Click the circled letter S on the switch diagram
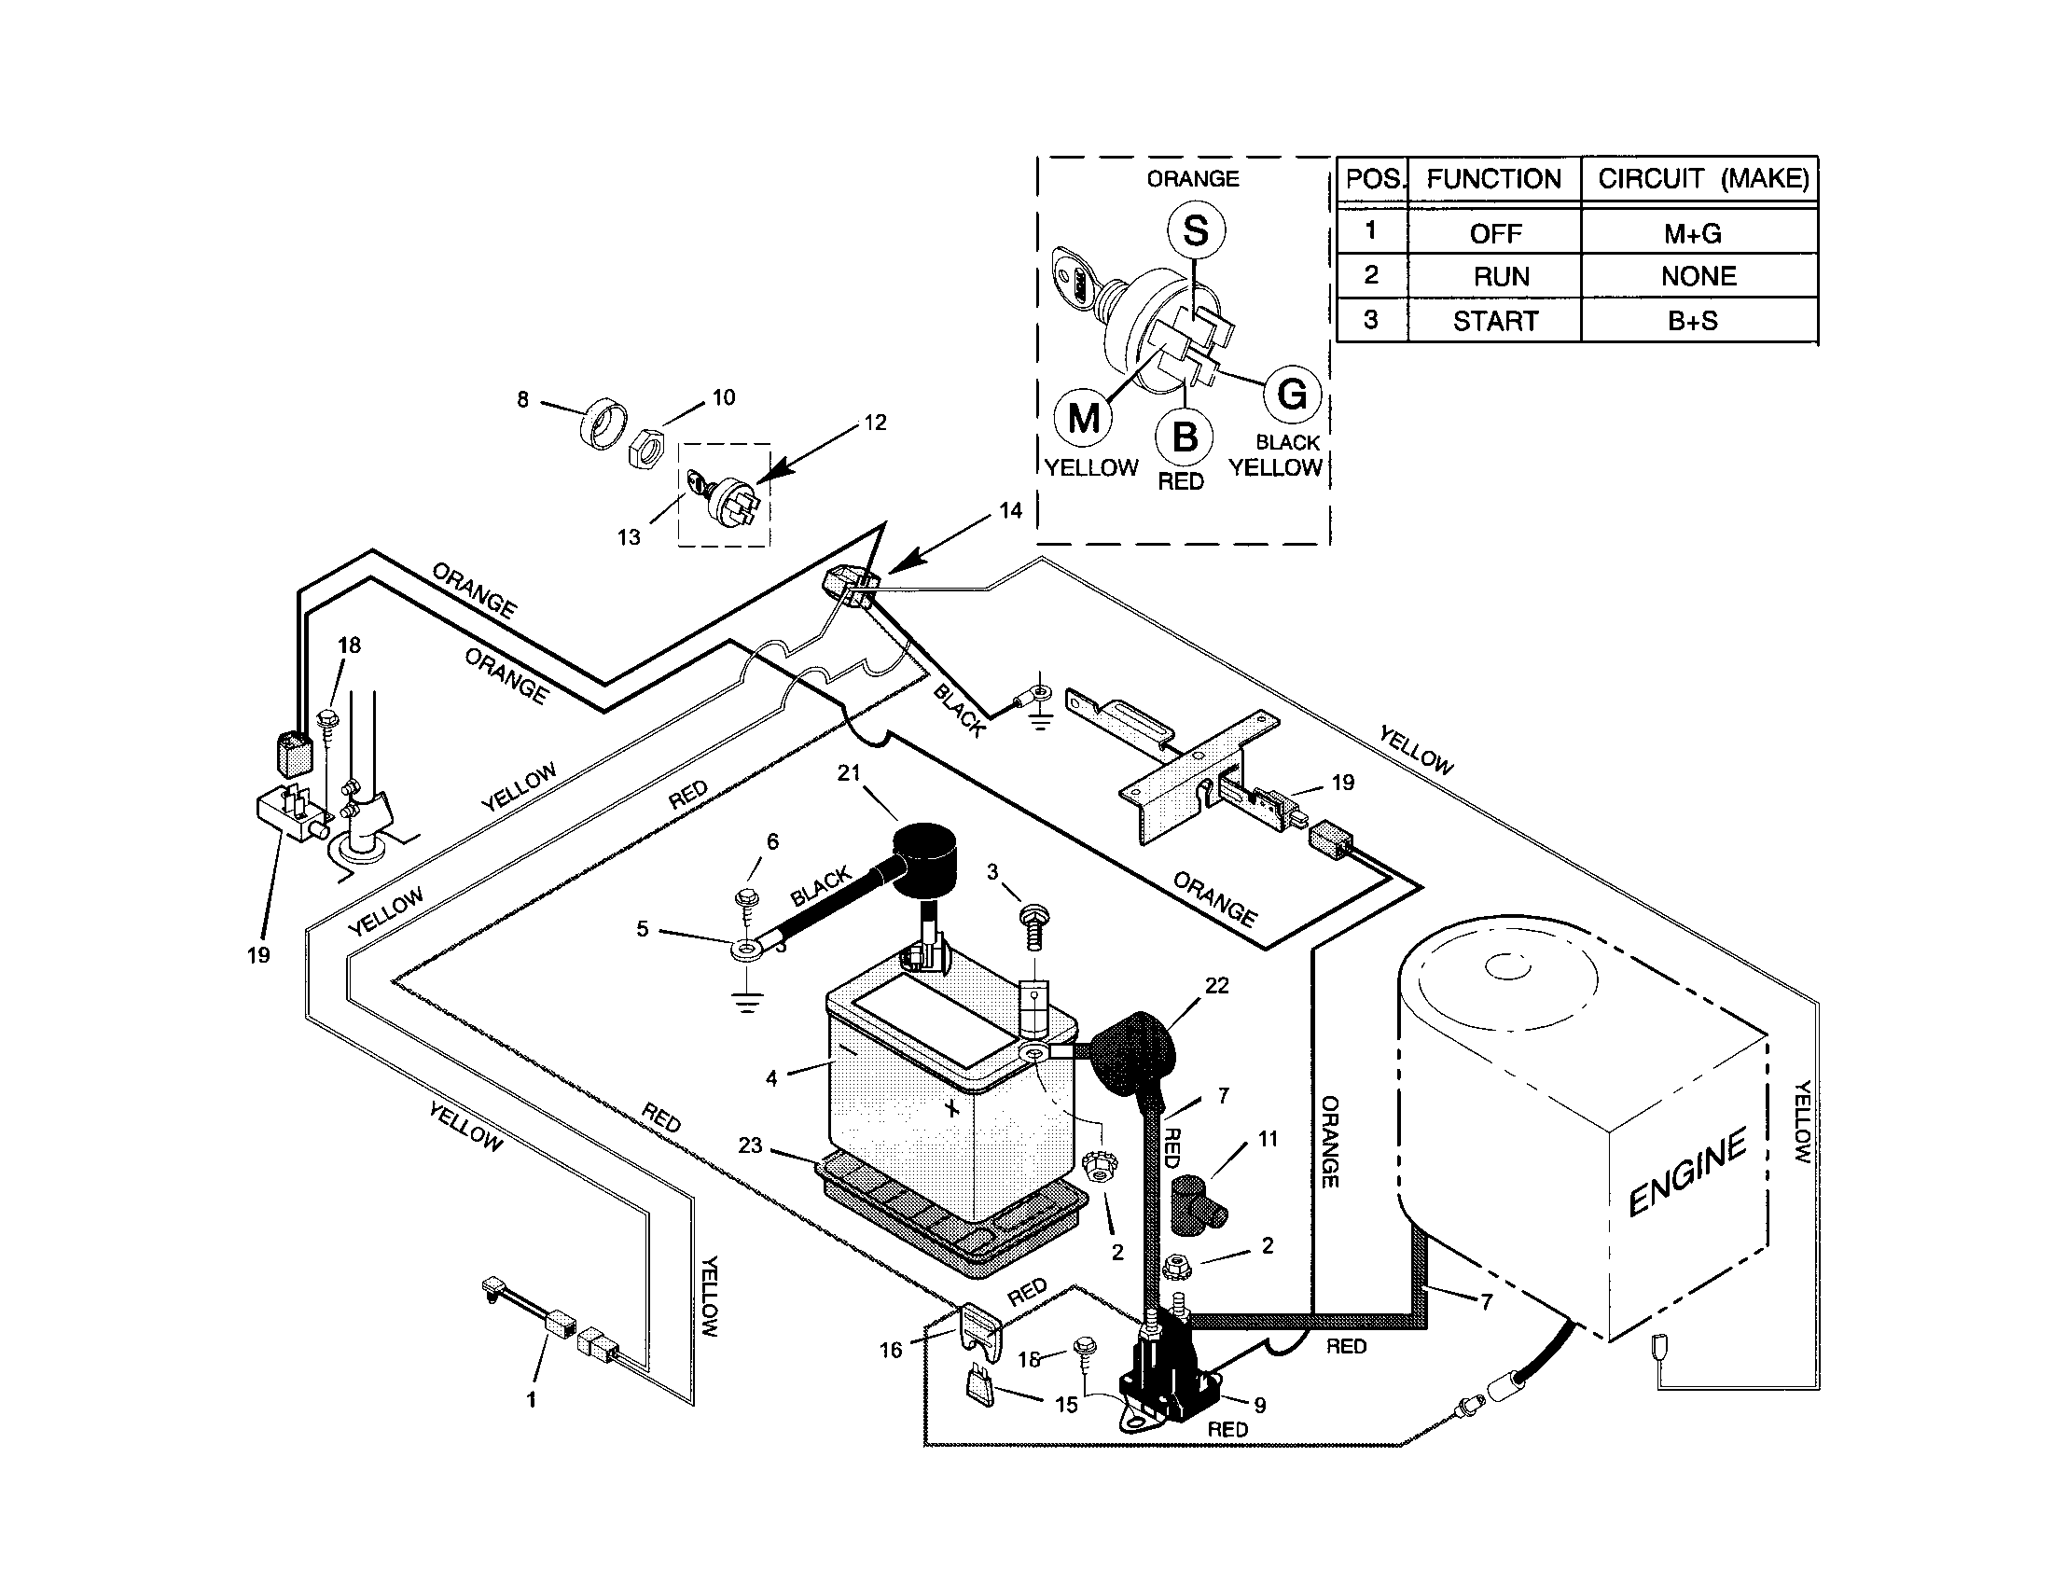pos(1195,231)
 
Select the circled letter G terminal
pos(1293,394)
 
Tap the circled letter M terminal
pos(1084,417)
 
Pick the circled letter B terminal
pos(1185,437)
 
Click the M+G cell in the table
pos(1692,233)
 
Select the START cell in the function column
pos(1495,321)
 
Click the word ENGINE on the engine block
pos(1687,1173)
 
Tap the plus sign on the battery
pos(952,1108)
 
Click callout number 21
pos(849,772)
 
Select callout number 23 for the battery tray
pos(750,1145)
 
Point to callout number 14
pos(1010,510)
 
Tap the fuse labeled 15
pos(978,1387)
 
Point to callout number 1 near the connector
pos(531,1399)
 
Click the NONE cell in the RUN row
pos(1698,276)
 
